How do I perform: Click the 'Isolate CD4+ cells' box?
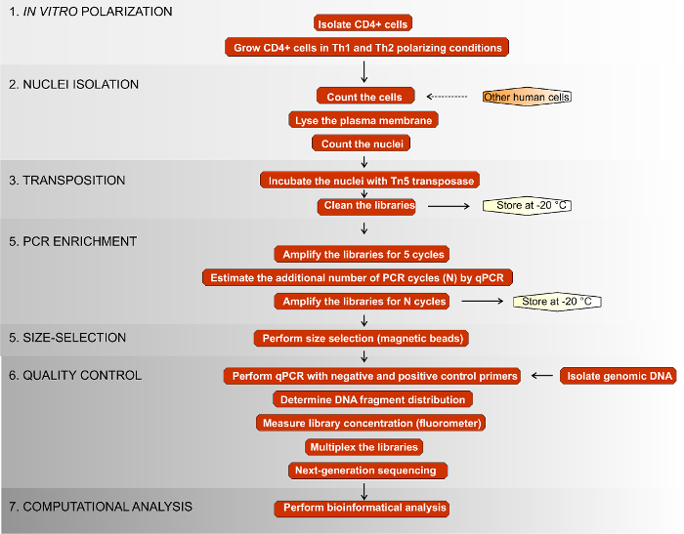pyautogui.click(x=364, y=22)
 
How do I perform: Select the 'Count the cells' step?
pyautogui.click(x=364, y=97)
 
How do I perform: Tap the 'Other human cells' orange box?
pyautogui.click(x=527, y=97)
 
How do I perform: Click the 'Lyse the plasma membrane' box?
pyautogui.click(x=364, y=120)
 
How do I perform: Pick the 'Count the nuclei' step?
pyautogui.click(x=364, y=144)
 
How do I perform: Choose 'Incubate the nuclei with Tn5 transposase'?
pyautogui.click(x=370, y=181)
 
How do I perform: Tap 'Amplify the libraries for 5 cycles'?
pyautogui.click(x=363, y=254)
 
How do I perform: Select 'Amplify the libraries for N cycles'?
pyautogui.click(x=363, y=302)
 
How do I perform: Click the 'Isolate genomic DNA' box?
pyautogui.click(x=619, y=376)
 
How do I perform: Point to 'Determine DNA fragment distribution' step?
pyautogui.click(x=370, y=399)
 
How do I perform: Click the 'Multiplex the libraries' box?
pyautogui.click(x=363, y=446)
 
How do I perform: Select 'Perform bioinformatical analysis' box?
pyautogui.click(x=363, y=508)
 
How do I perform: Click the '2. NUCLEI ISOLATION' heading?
pyautogui.click(x=73, y=85)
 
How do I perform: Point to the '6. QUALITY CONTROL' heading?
pyautogui.click(x=75, y=376)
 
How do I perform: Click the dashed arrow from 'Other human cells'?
pyautogui.click(x=449, y=97)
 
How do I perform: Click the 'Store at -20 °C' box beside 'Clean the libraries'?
pyautogui.click(x=527, y=206)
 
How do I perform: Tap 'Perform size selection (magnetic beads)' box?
pyautogui.click(x=364, y=338)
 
